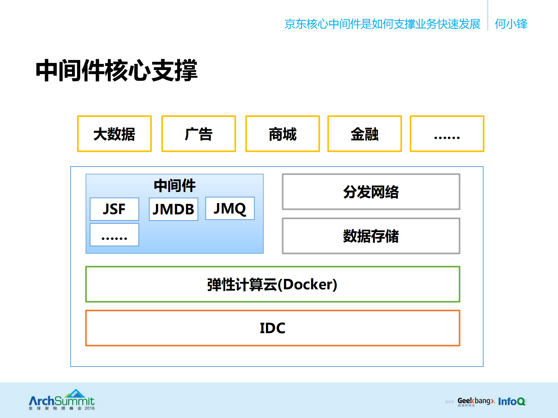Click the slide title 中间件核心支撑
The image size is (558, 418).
pos(116,70)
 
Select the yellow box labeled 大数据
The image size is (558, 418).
pos(114,134)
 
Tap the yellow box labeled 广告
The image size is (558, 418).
pos(199,134)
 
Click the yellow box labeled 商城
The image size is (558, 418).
pos(282,134)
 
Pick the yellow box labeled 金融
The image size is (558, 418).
pos(364,134)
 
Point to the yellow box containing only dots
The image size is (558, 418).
pos(447,134)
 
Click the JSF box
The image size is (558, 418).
pos(114,209)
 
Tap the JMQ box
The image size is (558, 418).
pos(230,209)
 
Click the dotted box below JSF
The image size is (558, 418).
pos(114,235)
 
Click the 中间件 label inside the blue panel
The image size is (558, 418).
pos(174,186)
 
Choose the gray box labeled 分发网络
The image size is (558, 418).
pos(371,192)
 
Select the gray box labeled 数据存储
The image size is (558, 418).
pos(371,236)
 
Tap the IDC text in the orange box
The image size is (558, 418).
pos(272,328)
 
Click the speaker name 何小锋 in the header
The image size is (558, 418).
pos(511,24)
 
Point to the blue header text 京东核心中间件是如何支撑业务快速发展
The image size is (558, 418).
pos(382,24)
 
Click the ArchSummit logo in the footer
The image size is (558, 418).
pos(62,400)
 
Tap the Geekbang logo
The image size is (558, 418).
pos(475,401)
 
